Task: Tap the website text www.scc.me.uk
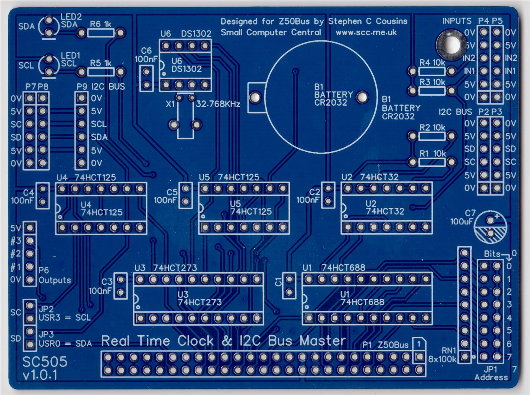[366, 33]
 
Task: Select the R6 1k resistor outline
[101, 33]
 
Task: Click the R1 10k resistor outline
[432, 162]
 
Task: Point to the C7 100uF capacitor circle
[491, 227]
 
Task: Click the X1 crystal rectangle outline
[185, 119]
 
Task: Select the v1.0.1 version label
[40, 375]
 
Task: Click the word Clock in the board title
[195, 341]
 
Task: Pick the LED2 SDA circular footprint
[49, 27]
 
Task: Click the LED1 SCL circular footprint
[49, 66]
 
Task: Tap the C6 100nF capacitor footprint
[146, 78]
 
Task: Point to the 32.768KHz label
[218, 104]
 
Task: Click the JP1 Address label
[491, 373]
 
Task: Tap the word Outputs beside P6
[55, 280]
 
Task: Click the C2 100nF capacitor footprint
[328, 195]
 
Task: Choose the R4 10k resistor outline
[432, 71]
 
